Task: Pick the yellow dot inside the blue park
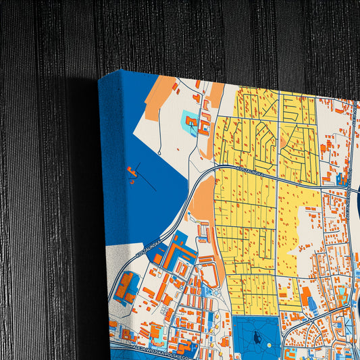click(x=269, y=345)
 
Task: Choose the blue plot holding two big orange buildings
click(x=126, y=288)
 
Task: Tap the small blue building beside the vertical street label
click(x=340, y=180)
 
